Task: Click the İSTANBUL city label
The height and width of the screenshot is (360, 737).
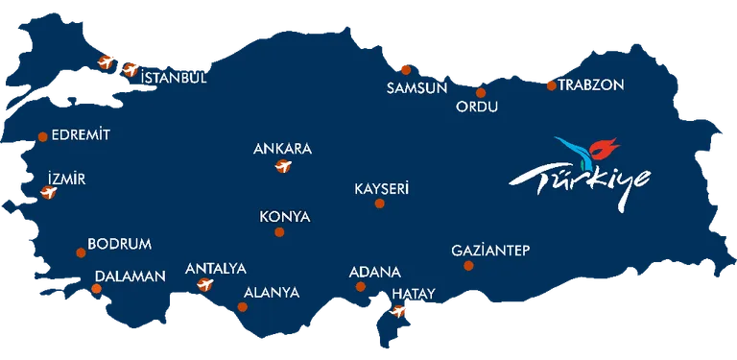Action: coord(174,78)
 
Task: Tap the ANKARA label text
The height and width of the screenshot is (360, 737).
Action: coord(282,150)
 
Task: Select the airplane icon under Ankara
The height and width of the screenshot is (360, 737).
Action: coord(282,169)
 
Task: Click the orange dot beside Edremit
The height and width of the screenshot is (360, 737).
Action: coord(42,137)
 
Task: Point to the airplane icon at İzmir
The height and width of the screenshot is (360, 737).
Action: coord(46,193)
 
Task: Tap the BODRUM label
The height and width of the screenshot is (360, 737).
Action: coord(119,245)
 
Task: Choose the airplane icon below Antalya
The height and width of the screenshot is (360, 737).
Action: coord(203,284)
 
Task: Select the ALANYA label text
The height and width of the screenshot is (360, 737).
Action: coord(272,293)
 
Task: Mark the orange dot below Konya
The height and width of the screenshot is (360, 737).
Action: coord(279,232)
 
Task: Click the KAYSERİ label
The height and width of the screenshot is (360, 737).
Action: coord(381,189)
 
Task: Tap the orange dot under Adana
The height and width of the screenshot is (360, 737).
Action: coord(361,286)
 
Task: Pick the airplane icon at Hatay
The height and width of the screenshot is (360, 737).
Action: coord(398,311)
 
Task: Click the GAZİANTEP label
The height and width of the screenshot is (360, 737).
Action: coord(490,252)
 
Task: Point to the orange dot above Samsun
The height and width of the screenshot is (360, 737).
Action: coord(406,69)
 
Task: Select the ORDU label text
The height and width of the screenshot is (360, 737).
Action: coord(477,107)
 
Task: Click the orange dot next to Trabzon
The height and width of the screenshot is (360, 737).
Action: coord(551,84)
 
